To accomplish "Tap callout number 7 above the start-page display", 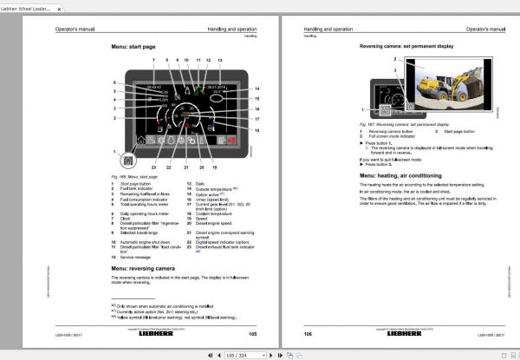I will pos(153,60).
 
